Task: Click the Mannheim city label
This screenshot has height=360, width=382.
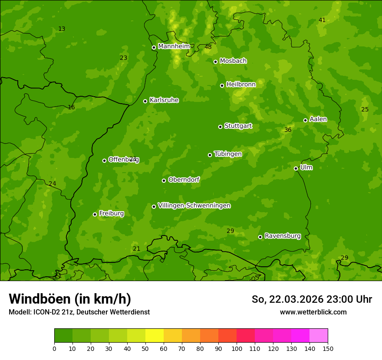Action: (174, 46)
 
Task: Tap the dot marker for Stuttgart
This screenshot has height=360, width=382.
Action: (220, 127)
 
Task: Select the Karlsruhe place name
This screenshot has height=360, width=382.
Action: (164, 100)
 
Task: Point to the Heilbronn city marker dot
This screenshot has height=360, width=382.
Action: (222, 85)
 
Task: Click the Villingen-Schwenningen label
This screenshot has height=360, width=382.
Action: (194, 206)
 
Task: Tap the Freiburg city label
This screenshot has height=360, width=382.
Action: (111, 213)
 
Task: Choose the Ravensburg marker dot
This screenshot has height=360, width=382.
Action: (260, 237)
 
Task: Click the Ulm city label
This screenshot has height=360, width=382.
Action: (306, 167)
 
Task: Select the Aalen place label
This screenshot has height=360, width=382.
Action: (318, 119)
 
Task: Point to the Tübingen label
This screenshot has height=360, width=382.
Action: (227, 154)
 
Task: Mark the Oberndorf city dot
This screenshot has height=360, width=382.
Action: (164, 180)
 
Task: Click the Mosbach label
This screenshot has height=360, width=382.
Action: (233, 61)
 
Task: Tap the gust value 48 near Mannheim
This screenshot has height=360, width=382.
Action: (208, 47)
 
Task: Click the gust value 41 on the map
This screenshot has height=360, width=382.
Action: (322, 20)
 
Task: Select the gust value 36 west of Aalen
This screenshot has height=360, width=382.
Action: (287, 130)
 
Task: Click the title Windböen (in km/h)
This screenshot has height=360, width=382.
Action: (70, 299)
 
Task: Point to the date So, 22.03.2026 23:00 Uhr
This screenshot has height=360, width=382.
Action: (312, 299)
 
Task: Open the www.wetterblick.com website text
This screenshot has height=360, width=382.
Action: (313, 312)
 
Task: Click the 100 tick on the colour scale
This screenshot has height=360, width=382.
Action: (237, 348)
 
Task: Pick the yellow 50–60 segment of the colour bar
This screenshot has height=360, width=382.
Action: (155, 335)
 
